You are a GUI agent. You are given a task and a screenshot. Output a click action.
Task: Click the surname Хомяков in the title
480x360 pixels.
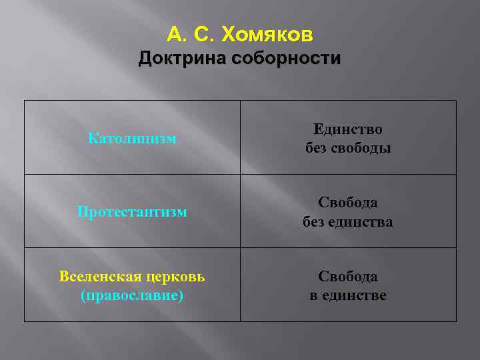[267, 33]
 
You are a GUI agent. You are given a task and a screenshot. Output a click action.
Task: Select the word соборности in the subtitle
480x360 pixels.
[286, 59]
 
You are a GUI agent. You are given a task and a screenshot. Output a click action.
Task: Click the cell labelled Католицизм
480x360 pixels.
[132, 139]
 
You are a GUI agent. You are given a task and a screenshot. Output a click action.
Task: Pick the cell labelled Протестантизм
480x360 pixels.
[132, 212]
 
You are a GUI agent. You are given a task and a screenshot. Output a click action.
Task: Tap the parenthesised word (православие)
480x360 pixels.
[132, 295]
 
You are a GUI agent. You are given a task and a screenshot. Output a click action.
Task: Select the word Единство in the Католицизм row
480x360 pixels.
[348, 129]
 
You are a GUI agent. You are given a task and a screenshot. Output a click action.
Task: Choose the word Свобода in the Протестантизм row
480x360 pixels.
[348, 203]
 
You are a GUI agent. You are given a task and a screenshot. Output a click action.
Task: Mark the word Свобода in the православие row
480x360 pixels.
[348, 276]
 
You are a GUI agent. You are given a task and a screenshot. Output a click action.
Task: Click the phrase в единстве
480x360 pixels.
[348, 295]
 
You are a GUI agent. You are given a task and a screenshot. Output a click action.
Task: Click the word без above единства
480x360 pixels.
[313, 221]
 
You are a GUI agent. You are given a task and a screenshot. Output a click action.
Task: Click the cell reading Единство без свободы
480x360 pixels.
[348, 138]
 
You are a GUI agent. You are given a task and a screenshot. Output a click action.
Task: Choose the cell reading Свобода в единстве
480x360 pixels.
[348, 285]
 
